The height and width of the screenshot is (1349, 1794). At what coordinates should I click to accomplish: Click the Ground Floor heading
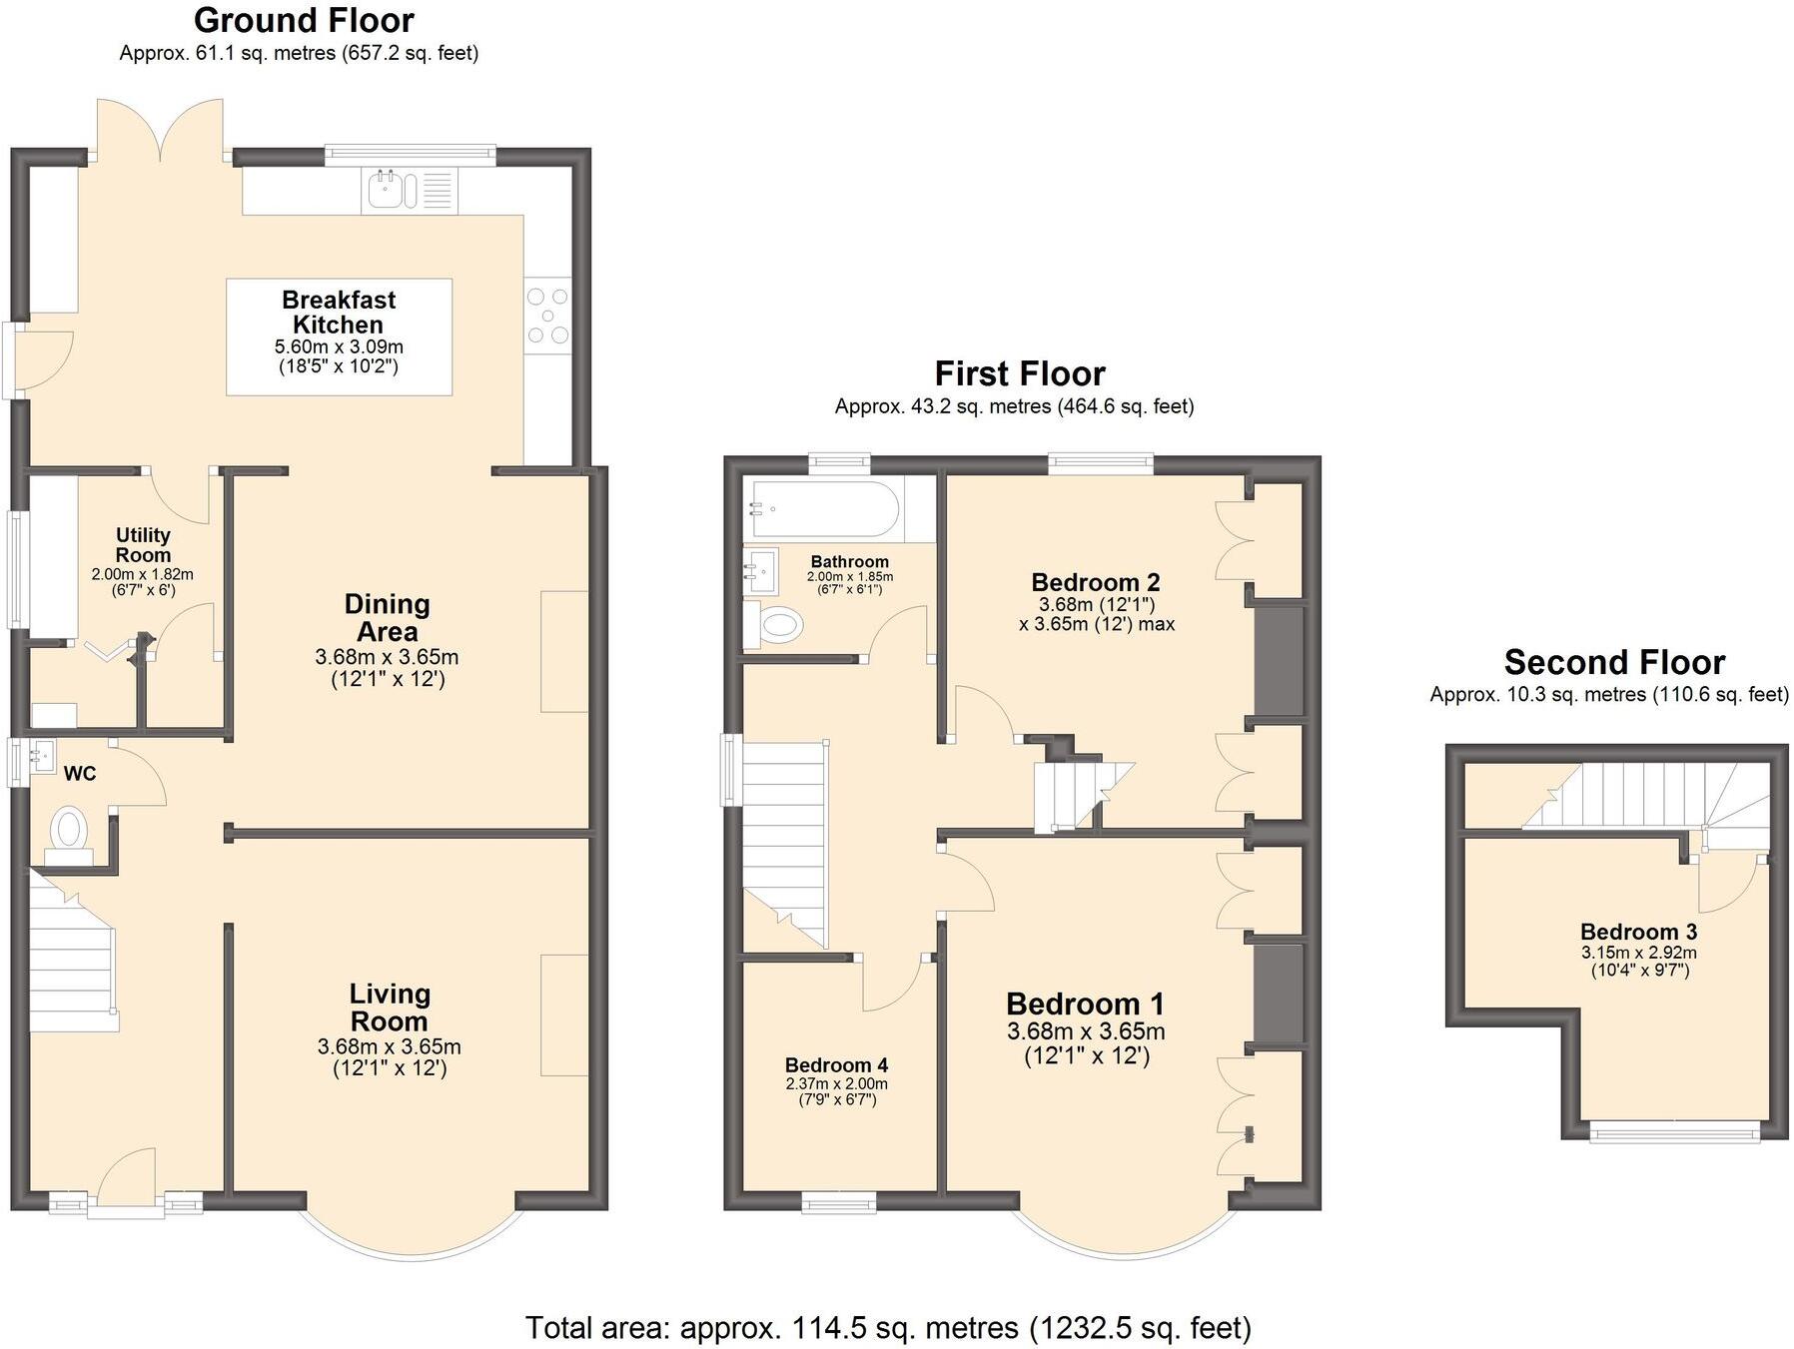point(304,20)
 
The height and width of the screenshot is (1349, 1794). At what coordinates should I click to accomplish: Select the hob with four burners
point(547,317)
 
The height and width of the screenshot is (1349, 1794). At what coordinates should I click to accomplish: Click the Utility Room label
point(143,545)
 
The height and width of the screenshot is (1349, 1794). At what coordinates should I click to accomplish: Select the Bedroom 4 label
point(836,1065)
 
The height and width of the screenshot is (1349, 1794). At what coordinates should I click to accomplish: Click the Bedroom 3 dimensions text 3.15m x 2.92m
point(1638,953)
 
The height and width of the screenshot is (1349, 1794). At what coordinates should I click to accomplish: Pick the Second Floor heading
point(1614,662)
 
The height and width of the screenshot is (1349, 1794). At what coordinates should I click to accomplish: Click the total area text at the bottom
point(888,1327)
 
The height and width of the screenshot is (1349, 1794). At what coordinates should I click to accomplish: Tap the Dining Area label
point(387,617)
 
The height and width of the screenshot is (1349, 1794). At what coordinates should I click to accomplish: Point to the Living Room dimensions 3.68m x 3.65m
point(390,1047)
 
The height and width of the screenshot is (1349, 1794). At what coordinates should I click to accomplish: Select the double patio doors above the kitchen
point(160,130)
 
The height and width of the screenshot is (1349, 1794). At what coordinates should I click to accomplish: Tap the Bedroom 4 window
point(839,1202)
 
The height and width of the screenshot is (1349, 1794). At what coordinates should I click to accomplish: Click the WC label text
point(80,774)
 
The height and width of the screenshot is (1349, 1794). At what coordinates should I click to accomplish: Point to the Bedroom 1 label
point(1086,1004)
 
